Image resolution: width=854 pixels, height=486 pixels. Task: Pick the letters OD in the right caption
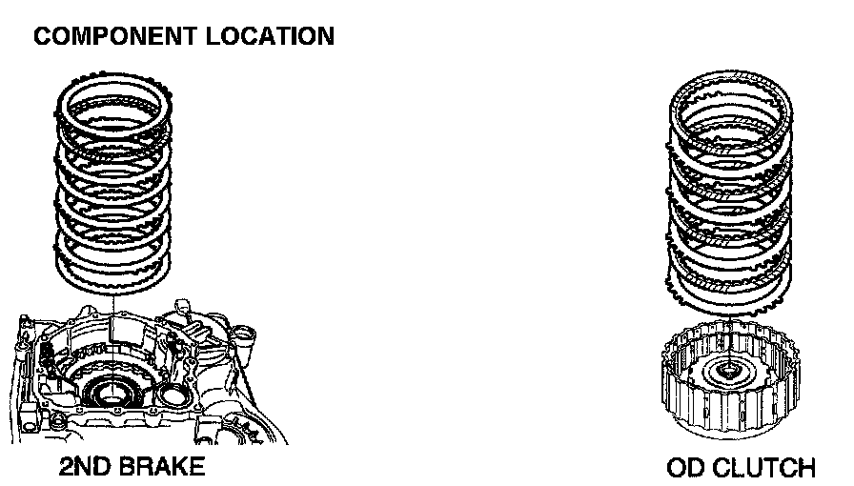coord(686,468)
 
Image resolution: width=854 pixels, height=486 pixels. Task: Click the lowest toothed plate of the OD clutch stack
coord(729,295)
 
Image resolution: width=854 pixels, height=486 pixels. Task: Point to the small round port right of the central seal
coord(174,393)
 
